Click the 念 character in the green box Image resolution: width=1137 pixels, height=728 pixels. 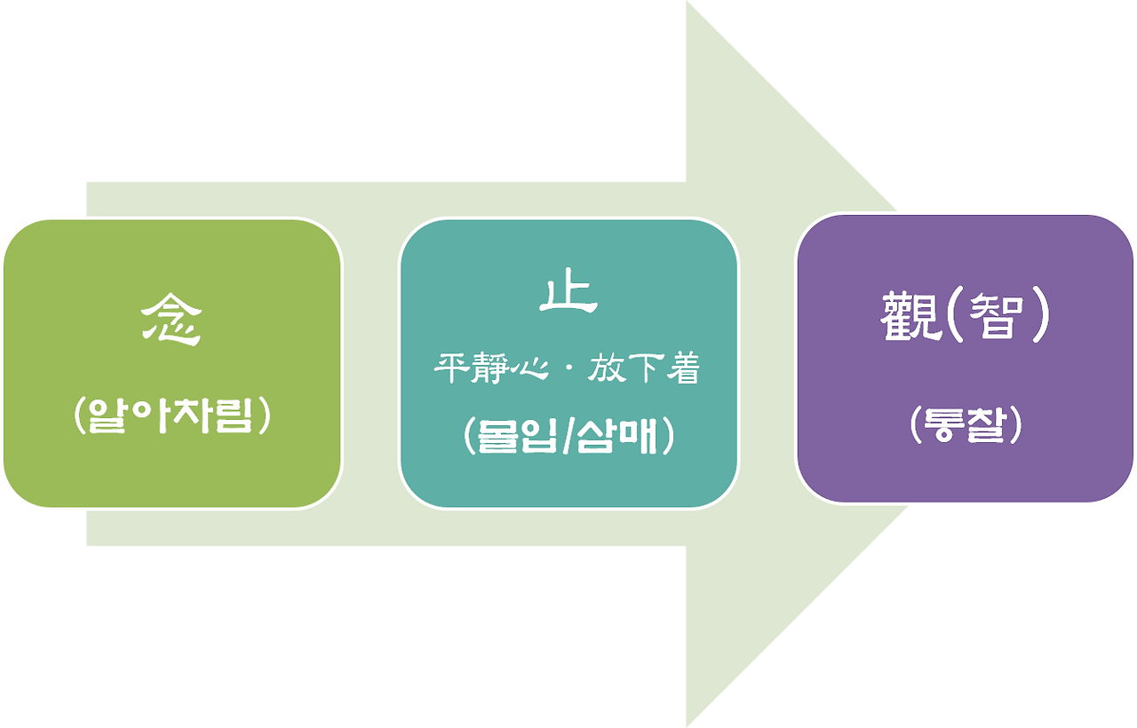[x=171, y=321]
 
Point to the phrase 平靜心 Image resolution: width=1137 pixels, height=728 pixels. [x=488, y=369]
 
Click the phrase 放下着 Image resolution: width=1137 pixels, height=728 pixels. [x=643, y=369]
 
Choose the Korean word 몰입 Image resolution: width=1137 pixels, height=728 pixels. [x=517, y=438]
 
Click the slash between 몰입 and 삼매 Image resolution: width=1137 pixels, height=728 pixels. [x=567, y=438]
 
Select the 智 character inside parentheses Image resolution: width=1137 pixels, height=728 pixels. [x=989, y=318]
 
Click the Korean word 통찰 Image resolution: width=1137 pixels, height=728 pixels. [x=966, y=426]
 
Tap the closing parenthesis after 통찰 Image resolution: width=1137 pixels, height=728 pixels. [x=1015, y=427]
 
